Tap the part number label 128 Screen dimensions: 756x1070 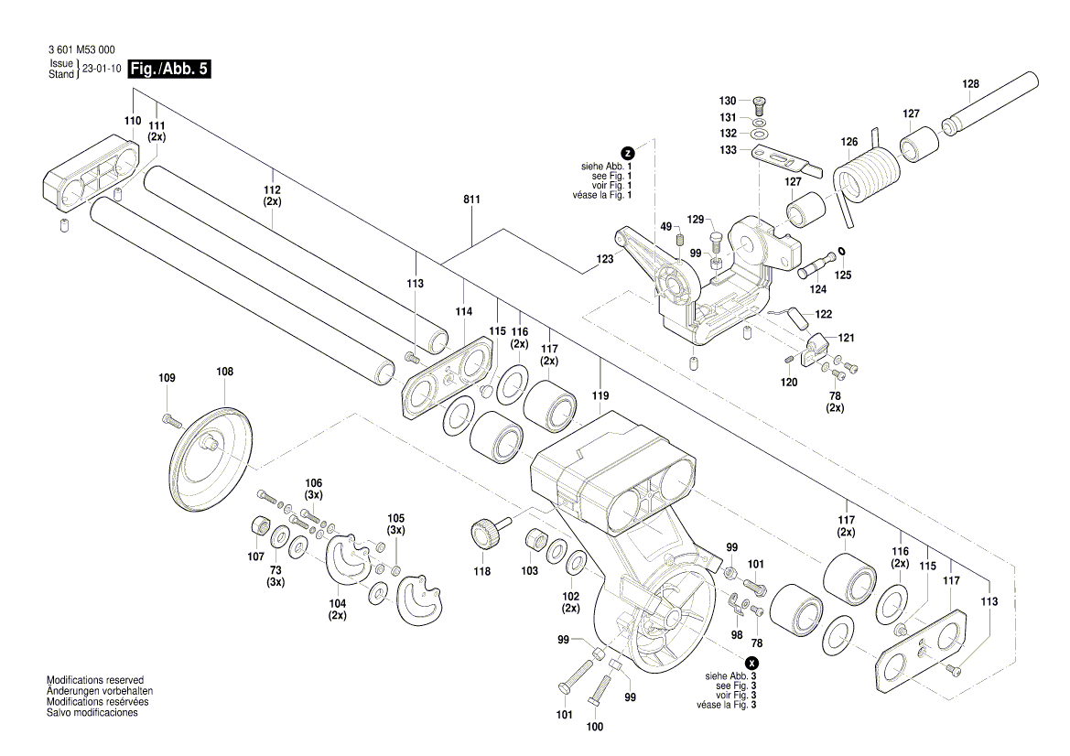(970, 84)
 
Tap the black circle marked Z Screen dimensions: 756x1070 (627, 153)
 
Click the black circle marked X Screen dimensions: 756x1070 (751, 663)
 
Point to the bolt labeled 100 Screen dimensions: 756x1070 (601, 687)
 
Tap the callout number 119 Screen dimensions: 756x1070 (600, 396)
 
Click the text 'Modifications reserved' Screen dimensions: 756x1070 (95, 681)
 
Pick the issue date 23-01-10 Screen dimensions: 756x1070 (102, 69)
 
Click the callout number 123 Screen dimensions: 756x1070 (605, 260)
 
